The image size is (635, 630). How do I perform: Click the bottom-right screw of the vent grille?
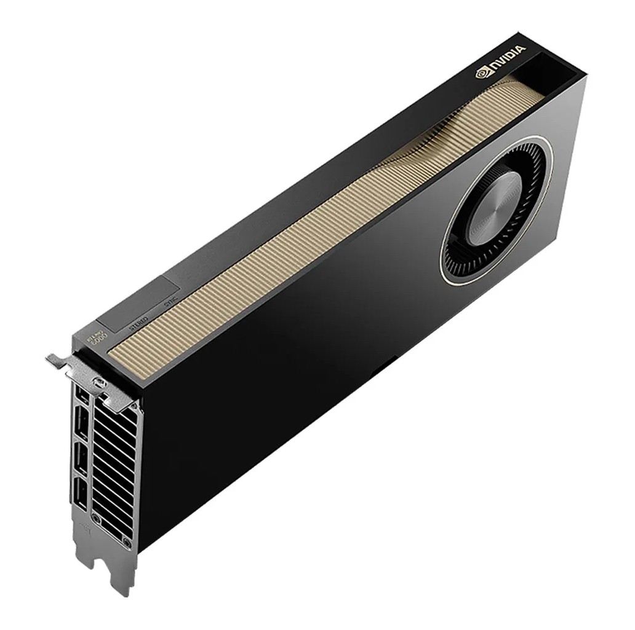click(x=126, y=543)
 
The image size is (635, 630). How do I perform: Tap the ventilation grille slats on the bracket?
click(x=114, y=467)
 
